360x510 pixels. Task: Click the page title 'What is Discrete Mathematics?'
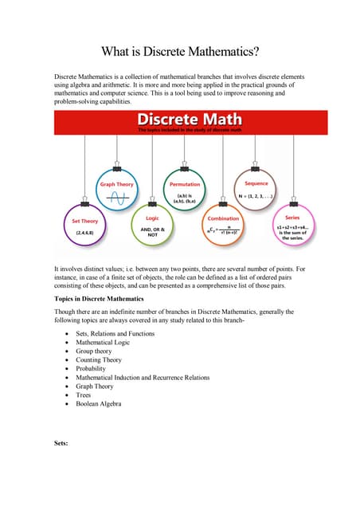coord(179,52)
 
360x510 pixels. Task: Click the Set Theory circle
coord(84,226)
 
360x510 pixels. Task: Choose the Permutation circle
coord(186,192)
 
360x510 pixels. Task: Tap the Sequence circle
coord(256,192)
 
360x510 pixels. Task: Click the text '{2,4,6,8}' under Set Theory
coord(85,233)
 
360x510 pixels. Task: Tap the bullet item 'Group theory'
coord(94,351)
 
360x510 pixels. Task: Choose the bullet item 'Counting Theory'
coord(100,359)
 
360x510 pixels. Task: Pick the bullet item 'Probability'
coord(90,368)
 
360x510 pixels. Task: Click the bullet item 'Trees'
coord(84,395)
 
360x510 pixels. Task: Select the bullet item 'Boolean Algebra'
coord(100,404)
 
